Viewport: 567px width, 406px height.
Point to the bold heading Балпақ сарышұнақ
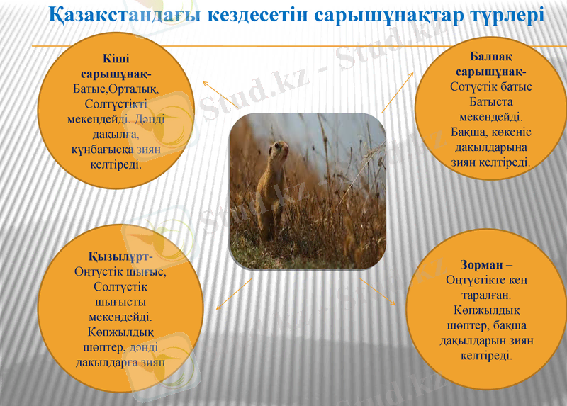coord(490,64)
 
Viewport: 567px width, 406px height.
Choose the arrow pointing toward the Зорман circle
coord(379,291)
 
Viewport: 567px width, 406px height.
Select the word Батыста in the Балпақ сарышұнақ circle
coord(490,102)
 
